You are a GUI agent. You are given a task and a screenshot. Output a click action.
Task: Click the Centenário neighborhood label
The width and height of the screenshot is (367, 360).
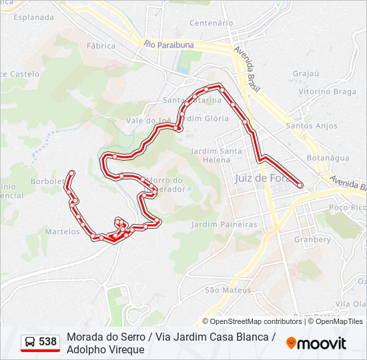point(210,23)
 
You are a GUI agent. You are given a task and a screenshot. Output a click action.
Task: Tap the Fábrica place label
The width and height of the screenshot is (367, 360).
point(101,46)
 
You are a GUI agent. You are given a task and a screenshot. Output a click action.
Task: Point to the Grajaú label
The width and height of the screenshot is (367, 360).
point(306,73)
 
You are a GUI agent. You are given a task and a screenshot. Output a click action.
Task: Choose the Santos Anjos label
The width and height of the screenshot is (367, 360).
point(312,125)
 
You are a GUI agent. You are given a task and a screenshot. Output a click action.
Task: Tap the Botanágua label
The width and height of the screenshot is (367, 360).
point(328,158)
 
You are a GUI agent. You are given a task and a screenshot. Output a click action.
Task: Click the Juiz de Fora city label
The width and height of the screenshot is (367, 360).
point(260,178)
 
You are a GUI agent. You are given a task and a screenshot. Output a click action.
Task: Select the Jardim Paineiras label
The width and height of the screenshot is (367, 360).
point(224,225)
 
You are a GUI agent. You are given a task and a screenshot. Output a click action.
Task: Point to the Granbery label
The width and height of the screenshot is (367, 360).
point(312,239)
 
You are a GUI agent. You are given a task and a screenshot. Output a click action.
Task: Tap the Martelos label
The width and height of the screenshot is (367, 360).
point(63,231)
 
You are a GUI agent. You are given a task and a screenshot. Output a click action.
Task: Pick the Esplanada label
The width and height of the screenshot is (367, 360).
point(33,17)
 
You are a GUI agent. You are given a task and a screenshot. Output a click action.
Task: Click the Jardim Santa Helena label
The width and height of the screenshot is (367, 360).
point(216,155)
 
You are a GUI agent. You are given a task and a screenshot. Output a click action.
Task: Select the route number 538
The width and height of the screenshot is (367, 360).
point(47,342)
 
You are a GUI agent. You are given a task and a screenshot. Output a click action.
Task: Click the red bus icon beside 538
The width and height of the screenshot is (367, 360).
point(30,343)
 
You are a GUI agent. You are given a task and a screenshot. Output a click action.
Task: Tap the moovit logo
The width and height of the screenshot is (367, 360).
point(316,343)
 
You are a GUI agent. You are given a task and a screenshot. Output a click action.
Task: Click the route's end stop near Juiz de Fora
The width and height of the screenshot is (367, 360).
point(300,185)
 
